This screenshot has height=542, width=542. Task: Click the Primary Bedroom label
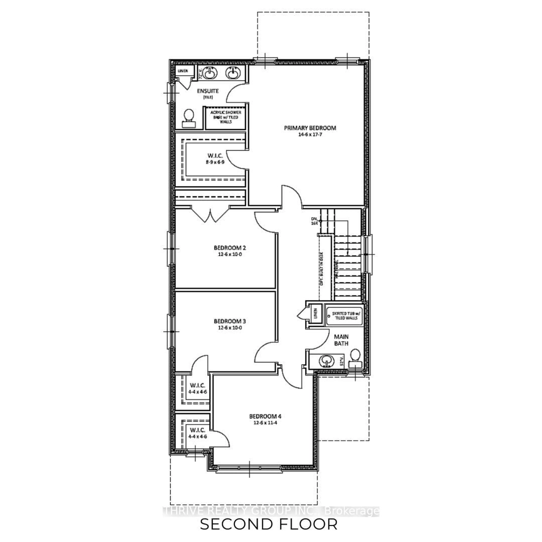click(310, 128)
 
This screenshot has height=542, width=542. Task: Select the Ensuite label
click(208, 91)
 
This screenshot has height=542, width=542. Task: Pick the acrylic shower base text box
click(226, 117)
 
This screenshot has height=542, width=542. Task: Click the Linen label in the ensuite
click(183, 71)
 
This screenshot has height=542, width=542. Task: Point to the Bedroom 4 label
click(265, 416)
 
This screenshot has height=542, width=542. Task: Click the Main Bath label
click(341, 340)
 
